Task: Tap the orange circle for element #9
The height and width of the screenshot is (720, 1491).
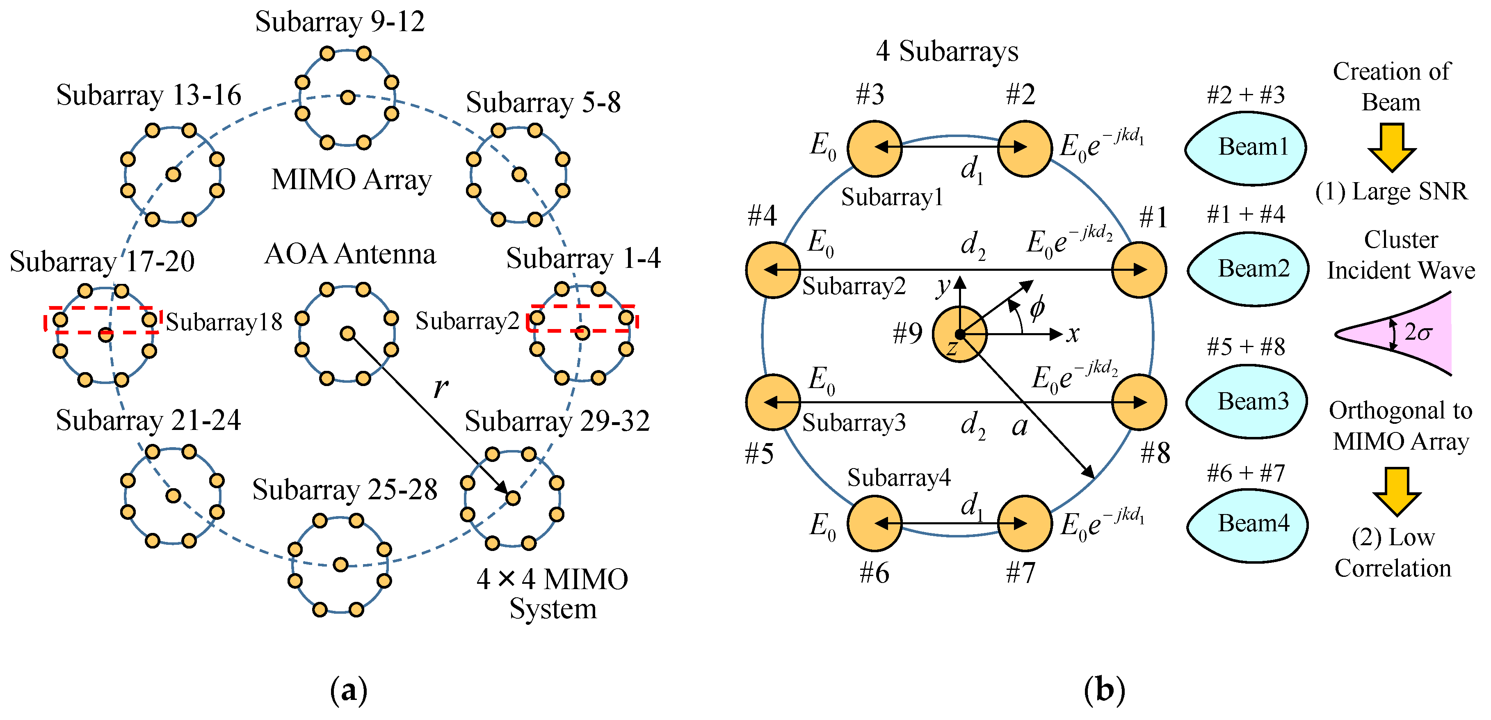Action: [x=959, y=334]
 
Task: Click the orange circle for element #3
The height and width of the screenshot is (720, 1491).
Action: [x=874, y=148]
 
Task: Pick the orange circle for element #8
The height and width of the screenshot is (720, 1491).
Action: [x=1139, y=402]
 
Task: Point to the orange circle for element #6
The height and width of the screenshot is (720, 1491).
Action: [x=874, y=523]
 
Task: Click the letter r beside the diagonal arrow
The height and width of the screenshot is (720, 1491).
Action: [x=441, y=386]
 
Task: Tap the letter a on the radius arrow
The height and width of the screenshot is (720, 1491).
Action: [x=1019, y=427]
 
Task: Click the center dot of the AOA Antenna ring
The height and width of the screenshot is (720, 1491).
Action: [x=347, y=334]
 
